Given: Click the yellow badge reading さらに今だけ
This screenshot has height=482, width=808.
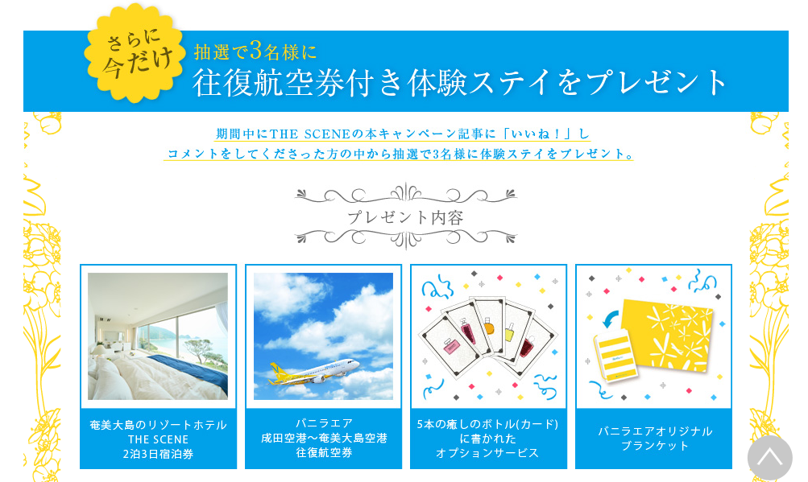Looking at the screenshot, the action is pos(135,53).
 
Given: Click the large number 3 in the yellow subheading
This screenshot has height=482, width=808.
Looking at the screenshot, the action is pos(256,50).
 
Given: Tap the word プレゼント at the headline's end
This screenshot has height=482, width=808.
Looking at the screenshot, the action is pos(657,82).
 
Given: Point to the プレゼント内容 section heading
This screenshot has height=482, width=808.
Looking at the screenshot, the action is pos(405,217).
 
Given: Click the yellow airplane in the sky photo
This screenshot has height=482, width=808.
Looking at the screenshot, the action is pos(313,371).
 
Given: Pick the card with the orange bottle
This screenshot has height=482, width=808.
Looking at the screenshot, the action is pos(488,324).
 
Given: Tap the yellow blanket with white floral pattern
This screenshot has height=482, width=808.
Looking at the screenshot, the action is pos(666,334).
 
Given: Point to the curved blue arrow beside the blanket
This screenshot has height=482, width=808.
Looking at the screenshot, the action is pos(611,319).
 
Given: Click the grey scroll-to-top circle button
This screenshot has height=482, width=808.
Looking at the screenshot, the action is pos(769,458).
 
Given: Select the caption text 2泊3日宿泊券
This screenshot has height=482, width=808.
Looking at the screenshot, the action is pos(158,454).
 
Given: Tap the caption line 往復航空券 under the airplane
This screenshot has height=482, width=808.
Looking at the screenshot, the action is pos(324,453).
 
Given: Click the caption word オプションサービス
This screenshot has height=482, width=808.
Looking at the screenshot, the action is pos(487,453).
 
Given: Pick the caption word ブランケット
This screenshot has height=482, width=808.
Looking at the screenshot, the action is pos(654,446).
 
